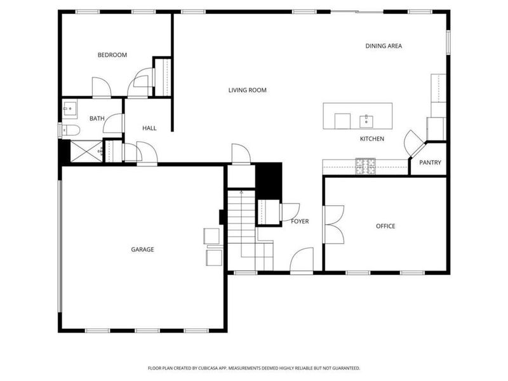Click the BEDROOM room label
[x=112, y=55]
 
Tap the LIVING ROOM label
[x=247, y=90]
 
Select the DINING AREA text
[x=384, y=46]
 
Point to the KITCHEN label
[x=372, y=139]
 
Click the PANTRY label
[x=430, y=163]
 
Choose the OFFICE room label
[x=385, y=226]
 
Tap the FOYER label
[x=300, y=222]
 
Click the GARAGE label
[x=142, y=250]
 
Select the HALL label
[x=149, y=128]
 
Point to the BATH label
[x=97, y=119]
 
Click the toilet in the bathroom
[x=69, y=131]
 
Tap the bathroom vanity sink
[x=69, y=109]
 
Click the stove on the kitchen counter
[x=365, y=166]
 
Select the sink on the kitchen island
[x=367, y=120]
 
